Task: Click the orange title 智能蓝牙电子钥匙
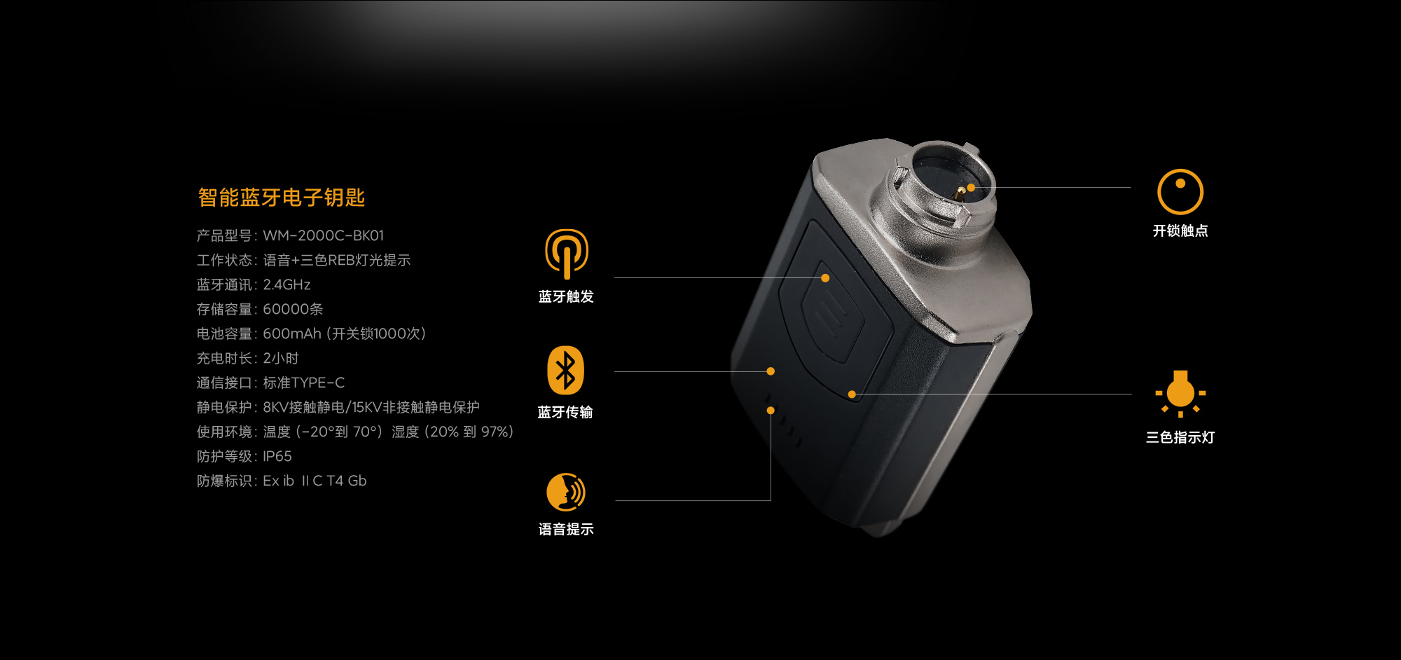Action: coord(281,198)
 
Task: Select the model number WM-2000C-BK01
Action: coord(324,235)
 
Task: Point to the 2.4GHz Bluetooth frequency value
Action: coord(287,284)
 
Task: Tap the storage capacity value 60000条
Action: coord(293,309)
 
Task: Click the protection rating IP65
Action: coord(277,456)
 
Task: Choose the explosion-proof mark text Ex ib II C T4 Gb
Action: coord(315,481)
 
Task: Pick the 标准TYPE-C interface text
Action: coord(304,383)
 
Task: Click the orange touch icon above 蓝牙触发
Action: coord(567,254)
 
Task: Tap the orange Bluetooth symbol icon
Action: coord(565,370)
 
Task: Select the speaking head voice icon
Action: coord(566,492)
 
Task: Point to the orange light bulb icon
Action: coord(1180,394)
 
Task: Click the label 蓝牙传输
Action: coord(565,412)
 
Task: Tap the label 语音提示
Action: coord(566,529)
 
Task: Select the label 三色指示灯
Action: coord(1180,437)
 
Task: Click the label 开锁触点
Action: coord(1180,231)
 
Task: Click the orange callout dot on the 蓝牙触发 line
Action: coord(825,278)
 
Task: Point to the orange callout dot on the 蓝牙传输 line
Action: coord(771,371)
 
